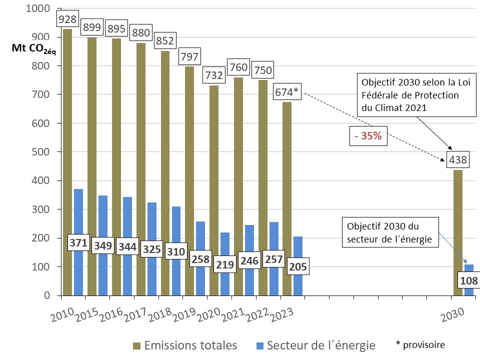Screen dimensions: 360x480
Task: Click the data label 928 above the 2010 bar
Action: point(67,19)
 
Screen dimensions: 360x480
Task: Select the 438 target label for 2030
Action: point(458,160)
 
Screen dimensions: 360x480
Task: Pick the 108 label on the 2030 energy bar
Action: point(469,280)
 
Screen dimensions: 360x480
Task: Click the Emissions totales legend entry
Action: point(185,345)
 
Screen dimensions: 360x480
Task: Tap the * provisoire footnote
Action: point(419,344)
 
